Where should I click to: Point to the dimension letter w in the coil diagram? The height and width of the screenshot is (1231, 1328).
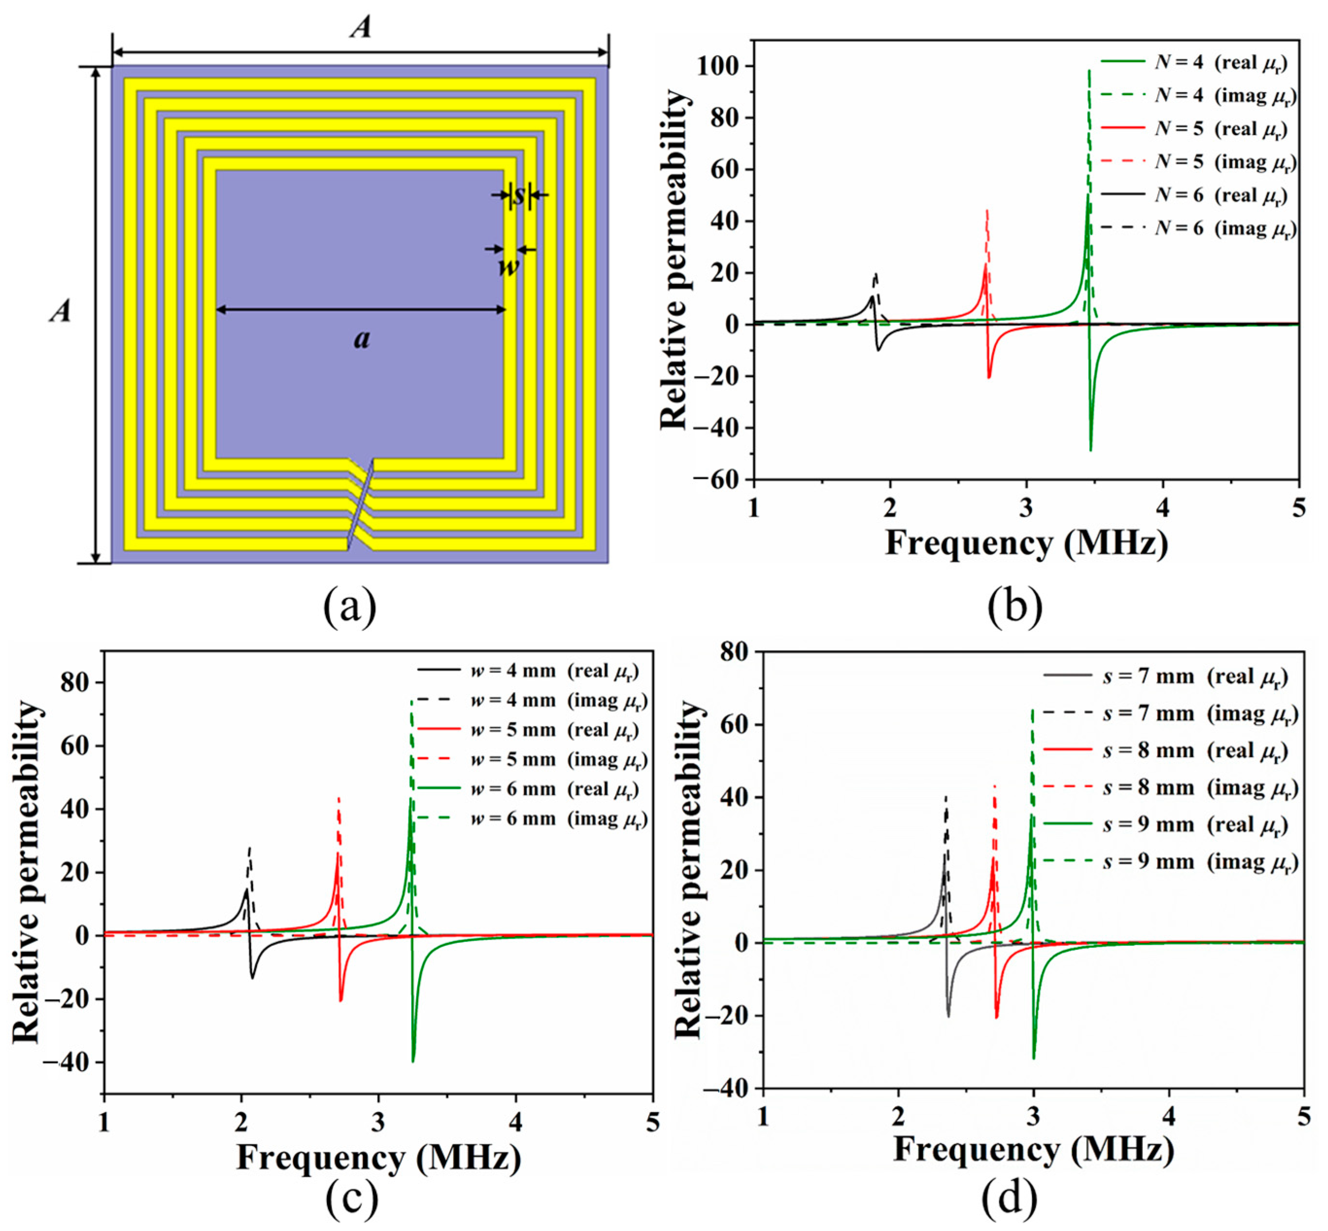[509, 267]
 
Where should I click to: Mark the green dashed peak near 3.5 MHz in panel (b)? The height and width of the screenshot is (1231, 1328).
[1089, 70]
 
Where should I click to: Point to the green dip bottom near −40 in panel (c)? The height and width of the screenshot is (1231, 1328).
[414, 1061]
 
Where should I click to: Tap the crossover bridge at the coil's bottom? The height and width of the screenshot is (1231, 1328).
[360, 504]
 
